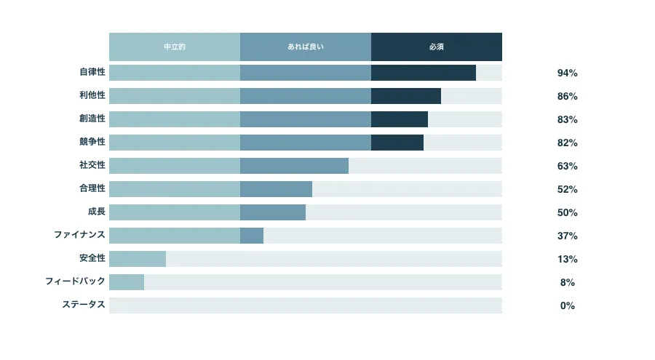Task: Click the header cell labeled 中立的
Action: pyautogui.click(x=175, y=47)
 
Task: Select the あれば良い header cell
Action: pyautogui.click(x=306, y=47)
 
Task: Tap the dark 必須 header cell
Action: pyautogui.click(x=437, y=47)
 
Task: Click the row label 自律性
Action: pyautogui.click(x=92, y=73)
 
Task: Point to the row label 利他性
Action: pyautogui.click(x=92, y=96)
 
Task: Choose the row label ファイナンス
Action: pyautogui.click(x=79, y=236)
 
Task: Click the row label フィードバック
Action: pyautogui.click(x=75, y=282)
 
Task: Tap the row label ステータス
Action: pyautogui.click(x=84, y=305)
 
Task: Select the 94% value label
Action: pyautogui.click(x=567, y=73)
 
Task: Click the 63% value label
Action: pyautogui.click(x=567, y=166)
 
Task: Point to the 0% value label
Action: pyautogui.click(x=567, y=305)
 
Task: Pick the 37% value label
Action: pyautogui.click(x=567, y=236)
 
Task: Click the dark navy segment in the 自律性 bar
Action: pyautogui.click(x=424, y=73)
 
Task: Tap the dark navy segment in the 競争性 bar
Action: pyautogui.click(x=397, y=143)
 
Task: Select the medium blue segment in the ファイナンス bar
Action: pyautogui.click(x=252, y=236)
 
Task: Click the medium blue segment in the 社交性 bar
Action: pyautogui.click(x=294, y=166)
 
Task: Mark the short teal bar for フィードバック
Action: pyautogui.click(x=127, y=282)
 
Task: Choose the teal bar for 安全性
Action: pyautogui.click(x=138, y=259)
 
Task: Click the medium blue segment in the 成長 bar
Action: pyautogui.click(x=273, y=212)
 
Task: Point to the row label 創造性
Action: pyautogui.click(x=92, y=119)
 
